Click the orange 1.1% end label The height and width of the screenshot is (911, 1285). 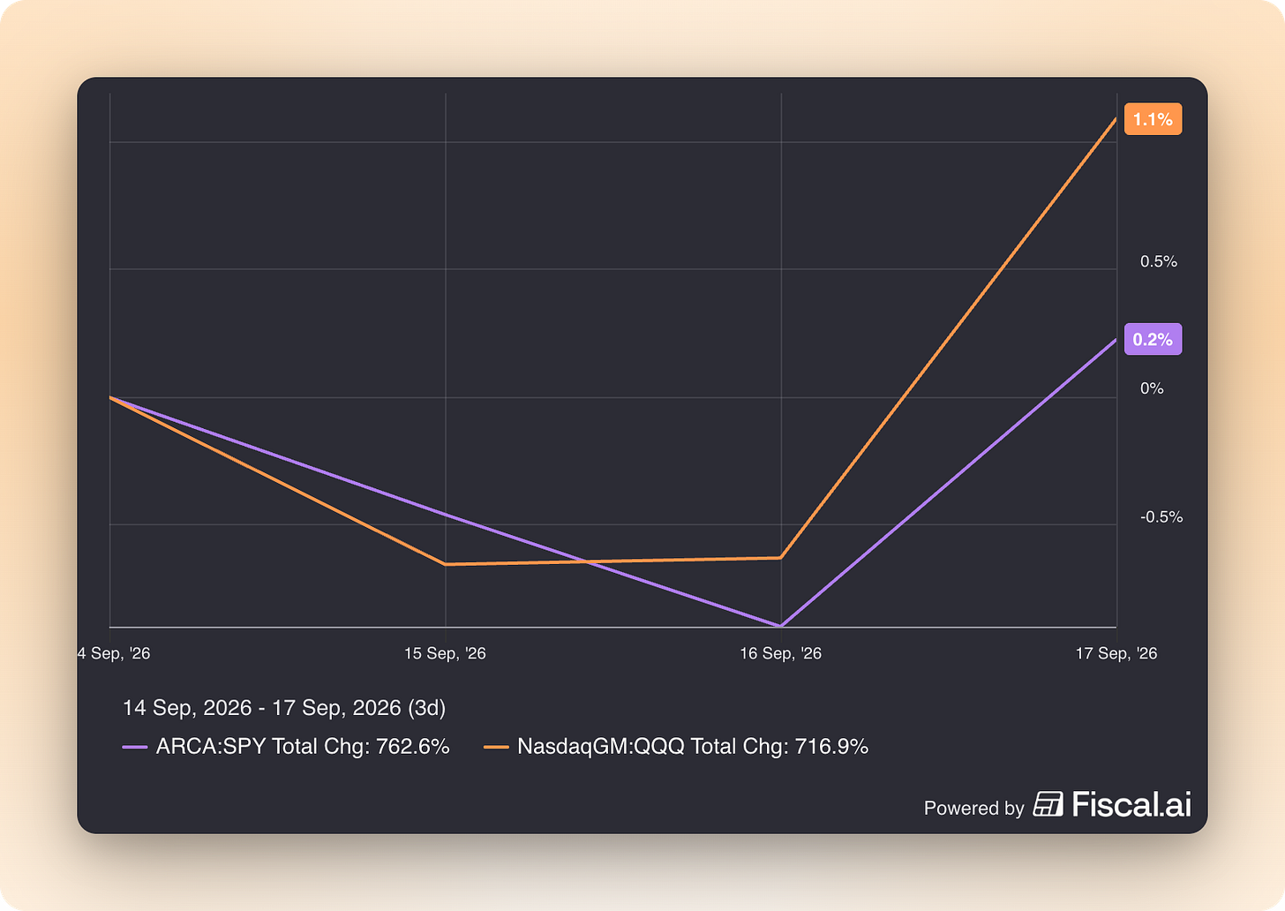1153,119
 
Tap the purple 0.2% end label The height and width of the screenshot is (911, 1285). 1153,339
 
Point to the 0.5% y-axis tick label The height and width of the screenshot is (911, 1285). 1158,261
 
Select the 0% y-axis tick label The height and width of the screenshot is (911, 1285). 1152,388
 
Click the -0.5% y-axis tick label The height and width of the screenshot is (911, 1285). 1161,517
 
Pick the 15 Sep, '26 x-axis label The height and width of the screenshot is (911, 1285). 445,653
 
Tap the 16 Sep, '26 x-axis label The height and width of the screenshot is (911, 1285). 780,653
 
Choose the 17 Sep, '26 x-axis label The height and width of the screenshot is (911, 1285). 1116,653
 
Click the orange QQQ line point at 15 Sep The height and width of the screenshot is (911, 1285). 446,564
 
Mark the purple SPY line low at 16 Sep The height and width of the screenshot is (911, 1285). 781,625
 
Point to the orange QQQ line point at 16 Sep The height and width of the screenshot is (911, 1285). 781,557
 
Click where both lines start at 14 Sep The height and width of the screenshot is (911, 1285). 110,397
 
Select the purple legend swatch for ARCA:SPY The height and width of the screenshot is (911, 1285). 135,747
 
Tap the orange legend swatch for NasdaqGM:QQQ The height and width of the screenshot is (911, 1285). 496,747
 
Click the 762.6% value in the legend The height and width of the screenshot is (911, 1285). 412,746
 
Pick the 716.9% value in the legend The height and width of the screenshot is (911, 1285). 831,746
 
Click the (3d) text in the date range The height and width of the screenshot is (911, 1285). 426,708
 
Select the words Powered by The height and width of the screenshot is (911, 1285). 973,808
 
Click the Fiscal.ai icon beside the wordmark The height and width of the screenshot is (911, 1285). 1048,803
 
